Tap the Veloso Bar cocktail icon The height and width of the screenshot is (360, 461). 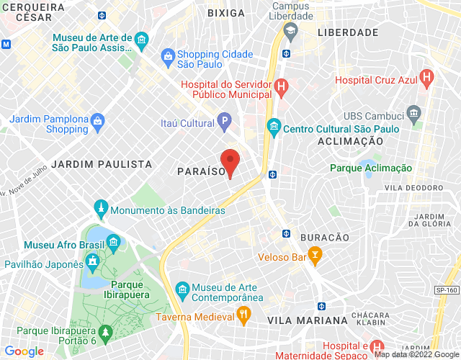coord(314,254)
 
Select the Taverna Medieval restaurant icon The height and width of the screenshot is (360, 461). coord(243,314)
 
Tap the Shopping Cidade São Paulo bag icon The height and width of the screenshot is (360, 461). coord(167,55)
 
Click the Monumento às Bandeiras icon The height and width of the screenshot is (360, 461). coord(101,210)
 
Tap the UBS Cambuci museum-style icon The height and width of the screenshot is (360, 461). coord(413,112)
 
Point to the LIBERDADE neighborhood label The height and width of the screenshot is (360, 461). coord(348,32)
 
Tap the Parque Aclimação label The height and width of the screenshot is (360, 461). coord(371,168)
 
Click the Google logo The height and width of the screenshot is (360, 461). coord(24,351)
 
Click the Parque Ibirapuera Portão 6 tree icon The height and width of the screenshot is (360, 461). coord(107,333)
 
